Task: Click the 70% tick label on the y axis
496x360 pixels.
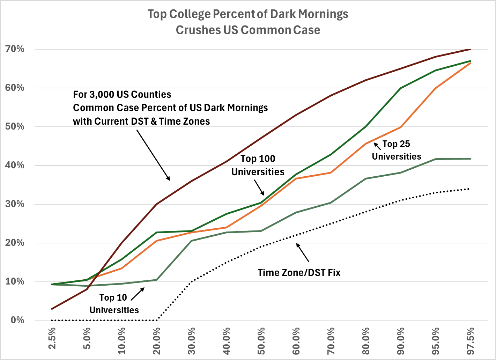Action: pyautogui.click(x=15, y=49)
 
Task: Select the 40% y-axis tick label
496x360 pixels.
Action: pyautogui.click(x=15, y=166)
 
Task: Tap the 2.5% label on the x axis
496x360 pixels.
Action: pyautogui.click(x=52, y=338)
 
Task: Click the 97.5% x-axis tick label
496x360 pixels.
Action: pyautogui.click(x=471, y=340)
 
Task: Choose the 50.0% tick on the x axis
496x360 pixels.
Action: pyautogui.click(x=261, y=340)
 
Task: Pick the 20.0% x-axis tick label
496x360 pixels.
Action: pyautogui.click(x=157, y=340)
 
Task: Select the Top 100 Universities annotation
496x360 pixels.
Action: pyautogui.click(x=258, y=165)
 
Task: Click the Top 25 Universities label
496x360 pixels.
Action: pyautogui.click(x=397, y=150)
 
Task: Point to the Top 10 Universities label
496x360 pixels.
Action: pyautogui.click(x=114, y=304)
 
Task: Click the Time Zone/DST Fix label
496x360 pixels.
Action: pyautogui.click(x=299, y=272)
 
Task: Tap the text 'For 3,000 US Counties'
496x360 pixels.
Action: pyautogui.click(x=122, y=95)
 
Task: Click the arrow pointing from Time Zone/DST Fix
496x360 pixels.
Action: pyautogui.click(x=303, y=252)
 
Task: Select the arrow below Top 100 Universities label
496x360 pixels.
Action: pyautogui.click(x=259, y=188)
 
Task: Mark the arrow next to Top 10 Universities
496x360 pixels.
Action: pyautogui.click(x=137, y=294)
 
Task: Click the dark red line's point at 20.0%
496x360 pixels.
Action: pyautogui.click(x=157, y=204)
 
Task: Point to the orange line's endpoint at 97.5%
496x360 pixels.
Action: pyautogui.click(x=471, y=63)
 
